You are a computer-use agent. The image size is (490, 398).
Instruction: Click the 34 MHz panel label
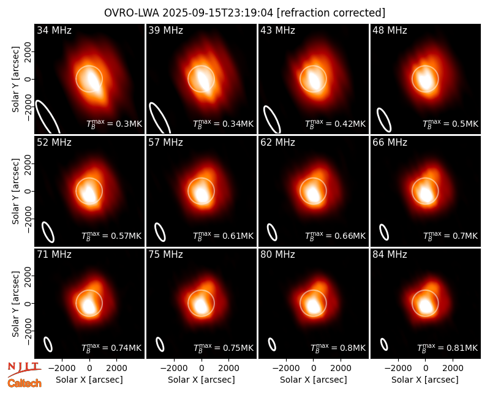point(54,30)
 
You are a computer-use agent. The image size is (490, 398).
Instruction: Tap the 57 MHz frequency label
point(165,143)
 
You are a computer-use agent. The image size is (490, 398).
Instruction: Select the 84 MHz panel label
point(390,255)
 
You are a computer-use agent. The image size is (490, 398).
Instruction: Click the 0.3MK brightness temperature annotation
point(115,124)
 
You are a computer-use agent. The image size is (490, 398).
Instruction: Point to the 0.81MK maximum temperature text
point(448,347)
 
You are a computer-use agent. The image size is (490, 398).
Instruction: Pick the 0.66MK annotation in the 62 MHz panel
point(335,236)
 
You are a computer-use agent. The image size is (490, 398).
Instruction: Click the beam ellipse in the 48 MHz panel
point(384,120)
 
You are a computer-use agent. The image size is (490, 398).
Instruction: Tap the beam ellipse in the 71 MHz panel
point(48,345)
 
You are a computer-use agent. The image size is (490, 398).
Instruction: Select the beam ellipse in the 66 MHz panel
point(384,232)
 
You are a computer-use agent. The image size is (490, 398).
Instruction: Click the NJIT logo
point(24,369)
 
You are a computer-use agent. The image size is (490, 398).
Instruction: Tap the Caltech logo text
point(24,383)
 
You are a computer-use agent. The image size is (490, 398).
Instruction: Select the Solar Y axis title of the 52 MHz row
point(15,191)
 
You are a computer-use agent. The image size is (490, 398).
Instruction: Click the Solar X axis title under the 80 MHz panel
point(314,380)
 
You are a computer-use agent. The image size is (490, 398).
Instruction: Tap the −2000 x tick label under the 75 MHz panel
point(174,369)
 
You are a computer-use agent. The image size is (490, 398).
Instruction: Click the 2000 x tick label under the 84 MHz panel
point(453,369)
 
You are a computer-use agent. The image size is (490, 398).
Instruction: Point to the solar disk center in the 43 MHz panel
point(314,79)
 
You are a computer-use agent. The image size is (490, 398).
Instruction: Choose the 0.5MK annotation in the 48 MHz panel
point(450,124)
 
